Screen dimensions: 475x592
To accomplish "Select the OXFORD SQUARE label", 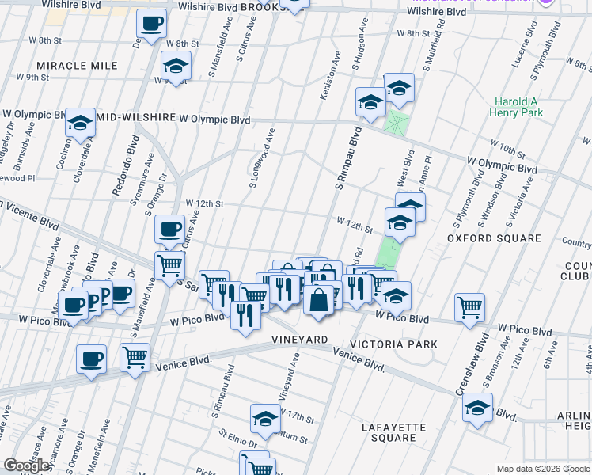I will [494, 238].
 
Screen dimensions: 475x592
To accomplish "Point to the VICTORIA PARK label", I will [393, 345].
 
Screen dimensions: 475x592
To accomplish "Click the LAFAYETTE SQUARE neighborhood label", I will [393, 432].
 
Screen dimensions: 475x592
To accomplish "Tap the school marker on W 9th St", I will [176, 65].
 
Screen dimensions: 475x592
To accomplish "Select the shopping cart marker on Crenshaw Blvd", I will [470, 306].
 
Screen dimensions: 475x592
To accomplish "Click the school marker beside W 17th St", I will [266, 417].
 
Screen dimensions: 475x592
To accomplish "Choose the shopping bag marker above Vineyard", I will [318, 301].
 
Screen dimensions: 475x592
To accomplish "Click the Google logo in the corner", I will [27, 465].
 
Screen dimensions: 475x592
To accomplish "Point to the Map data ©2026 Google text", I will [542, 469].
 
